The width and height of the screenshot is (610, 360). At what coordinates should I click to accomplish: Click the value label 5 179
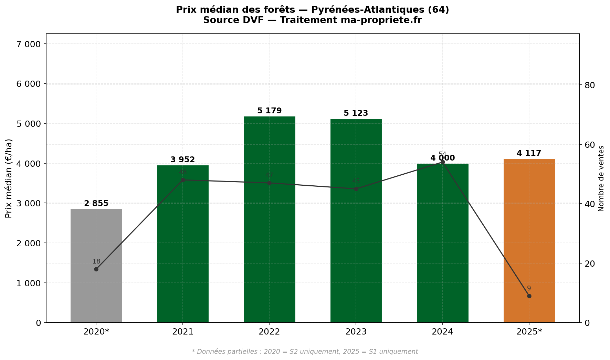tap(269, 111)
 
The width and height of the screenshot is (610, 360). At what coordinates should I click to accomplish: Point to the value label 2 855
tap(96, 204)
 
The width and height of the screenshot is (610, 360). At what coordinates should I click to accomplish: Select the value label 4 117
tap(529, 153)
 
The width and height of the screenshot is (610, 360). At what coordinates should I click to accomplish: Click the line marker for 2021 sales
tap(183, 180)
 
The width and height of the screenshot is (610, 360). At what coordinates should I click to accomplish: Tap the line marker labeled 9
tap(529, 296)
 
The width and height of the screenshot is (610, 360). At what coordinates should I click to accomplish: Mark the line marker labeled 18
tap(96, 269)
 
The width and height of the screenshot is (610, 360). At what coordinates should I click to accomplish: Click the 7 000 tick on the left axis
tap(29, 44)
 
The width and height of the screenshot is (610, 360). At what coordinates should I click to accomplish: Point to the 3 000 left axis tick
tap(29, 203)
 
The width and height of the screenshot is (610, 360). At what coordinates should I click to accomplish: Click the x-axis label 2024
tap(442, 332)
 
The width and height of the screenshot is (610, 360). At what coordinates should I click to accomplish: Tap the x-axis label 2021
tap(183, 332)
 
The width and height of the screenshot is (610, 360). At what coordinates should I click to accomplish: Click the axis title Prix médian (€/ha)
tap(9, 178)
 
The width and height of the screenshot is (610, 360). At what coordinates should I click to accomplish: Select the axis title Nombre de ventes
tap(601, 178)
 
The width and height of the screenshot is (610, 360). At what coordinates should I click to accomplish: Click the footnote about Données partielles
tap(305, 352)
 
